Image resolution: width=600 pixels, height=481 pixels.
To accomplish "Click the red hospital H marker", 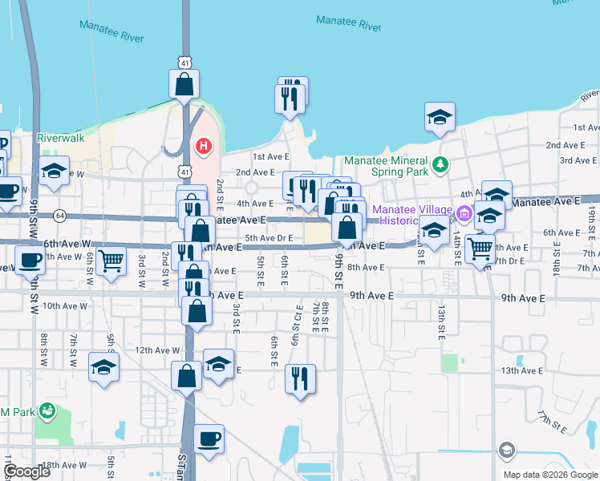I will pyautogui.click(x=204, y=147).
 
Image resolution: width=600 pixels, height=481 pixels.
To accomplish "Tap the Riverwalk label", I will pyautogui.click(x=61, y=138).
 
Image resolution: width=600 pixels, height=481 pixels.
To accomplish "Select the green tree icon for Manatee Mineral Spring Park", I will pyautogui.click(x=439, y=164).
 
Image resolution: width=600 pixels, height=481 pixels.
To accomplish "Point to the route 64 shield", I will pyautogui.click(x=60, y=215).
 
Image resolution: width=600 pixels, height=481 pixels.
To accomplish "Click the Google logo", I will pyautogui.click(x=27, y=471).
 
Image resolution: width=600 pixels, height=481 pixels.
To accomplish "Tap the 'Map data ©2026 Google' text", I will pyautogui.click(x=550, y=475).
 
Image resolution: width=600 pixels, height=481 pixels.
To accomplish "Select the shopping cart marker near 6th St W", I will pyautogui.click(x=111, y=259).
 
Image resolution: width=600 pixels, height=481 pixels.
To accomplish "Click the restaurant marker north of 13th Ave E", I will pyautogui.click(x=300, y=378).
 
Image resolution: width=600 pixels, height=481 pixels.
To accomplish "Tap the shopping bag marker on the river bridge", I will pyautogui.click(x=184, y=83).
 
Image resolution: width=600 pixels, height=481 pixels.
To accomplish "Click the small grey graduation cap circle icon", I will pyautogui.click(x=505, y=451).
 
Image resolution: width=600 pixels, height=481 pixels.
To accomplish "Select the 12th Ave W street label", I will pyautogui.click(x=157, y=350).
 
